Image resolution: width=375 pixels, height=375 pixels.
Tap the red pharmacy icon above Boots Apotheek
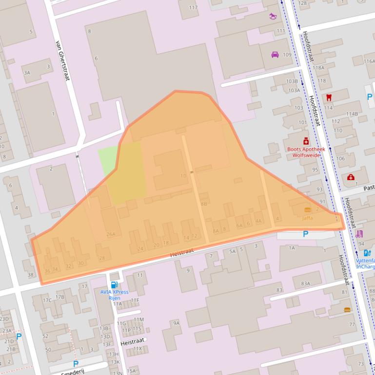(x=306, y=141)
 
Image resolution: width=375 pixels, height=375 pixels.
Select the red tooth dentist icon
(x=329, y=97)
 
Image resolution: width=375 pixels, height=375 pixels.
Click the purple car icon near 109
(x=275, y=55)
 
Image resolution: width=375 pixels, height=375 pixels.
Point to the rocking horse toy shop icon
(x=272, y=16)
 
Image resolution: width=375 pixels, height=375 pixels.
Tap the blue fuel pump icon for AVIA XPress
(x=114, y=285)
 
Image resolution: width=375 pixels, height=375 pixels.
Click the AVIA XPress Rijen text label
(x=115, y=295)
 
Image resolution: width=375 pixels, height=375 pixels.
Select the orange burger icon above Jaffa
(x=307, y=210)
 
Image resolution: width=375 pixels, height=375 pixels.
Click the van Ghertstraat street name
(x=62, y=60)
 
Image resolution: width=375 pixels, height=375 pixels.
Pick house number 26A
(x=111, y=234)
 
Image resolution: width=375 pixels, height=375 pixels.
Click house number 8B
(x=204, y=204)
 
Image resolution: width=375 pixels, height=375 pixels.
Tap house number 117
(x=193, y=7)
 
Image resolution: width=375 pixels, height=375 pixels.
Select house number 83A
(x=305, y=283)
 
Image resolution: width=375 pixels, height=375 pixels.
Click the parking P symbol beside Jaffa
(x=306, y=234)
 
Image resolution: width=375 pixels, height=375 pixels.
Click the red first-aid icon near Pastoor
(x=351, y=177)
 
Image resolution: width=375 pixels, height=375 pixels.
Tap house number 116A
(x=369, y=61)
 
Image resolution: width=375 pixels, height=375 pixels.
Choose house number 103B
(x=292, y=81)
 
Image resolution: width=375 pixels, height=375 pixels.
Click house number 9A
(x=176, y=323)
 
